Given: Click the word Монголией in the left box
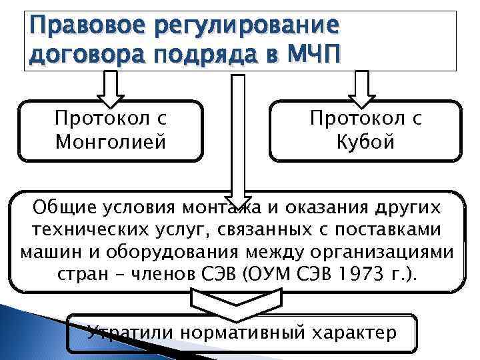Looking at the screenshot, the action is (110, 142).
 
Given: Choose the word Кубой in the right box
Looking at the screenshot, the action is (366, 142).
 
